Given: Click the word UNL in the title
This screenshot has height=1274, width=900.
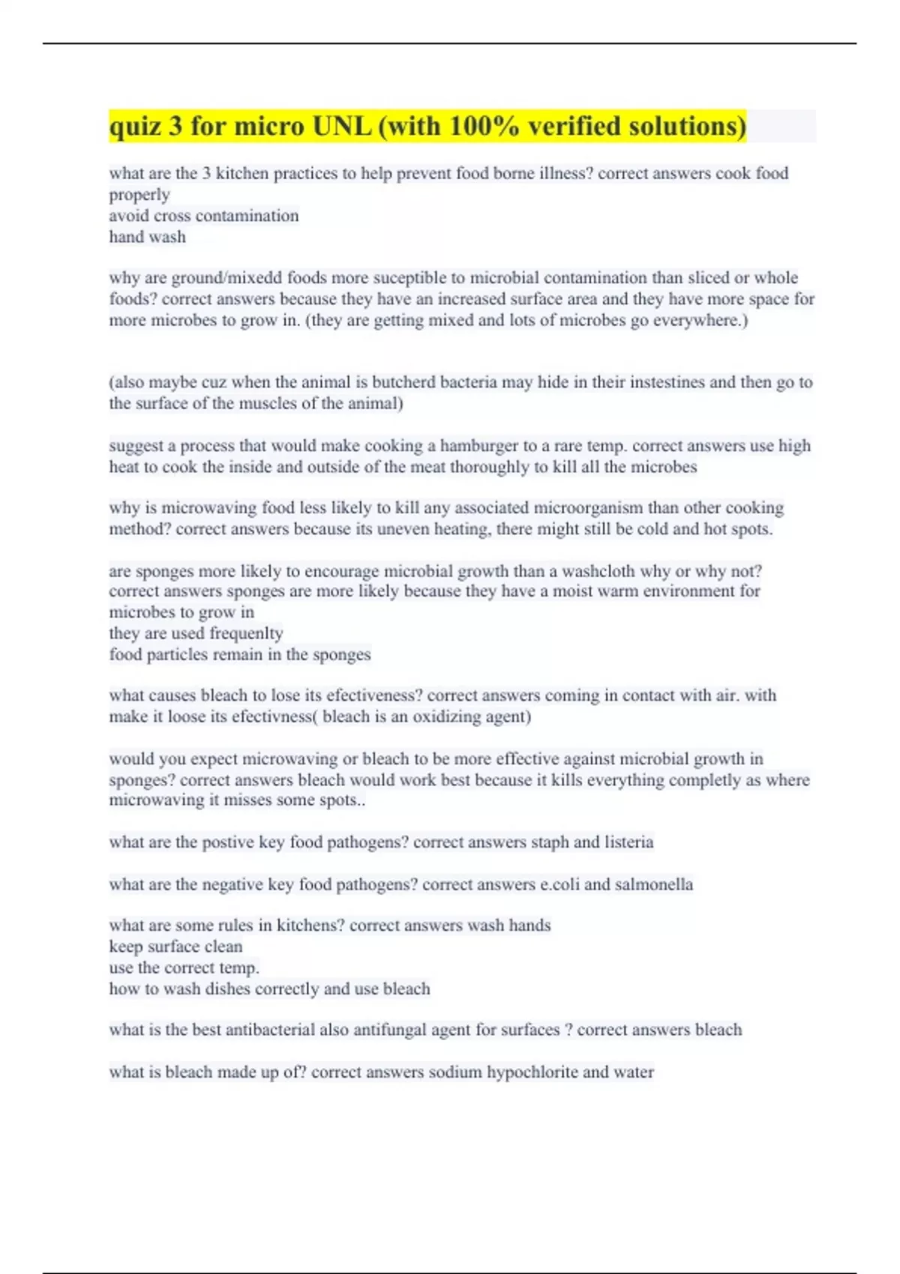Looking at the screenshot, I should [x=341, y=126].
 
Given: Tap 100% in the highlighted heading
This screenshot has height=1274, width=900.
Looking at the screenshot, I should [x=484, y=126].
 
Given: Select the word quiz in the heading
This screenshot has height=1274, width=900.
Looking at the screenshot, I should [x=136, y=126].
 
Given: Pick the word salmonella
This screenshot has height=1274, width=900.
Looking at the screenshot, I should [x=653, y=884].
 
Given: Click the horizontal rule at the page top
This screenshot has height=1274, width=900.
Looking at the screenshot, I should [x=450, y=43].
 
